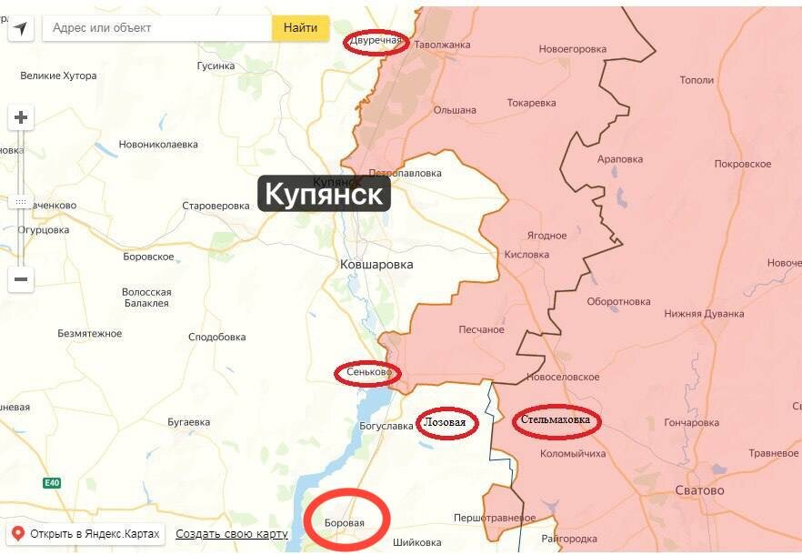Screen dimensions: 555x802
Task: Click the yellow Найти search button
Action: pyautogui.click(x=300, y=28)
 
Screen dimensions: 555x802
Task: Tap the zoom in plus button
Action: pyautogui.click(x=21, y=117)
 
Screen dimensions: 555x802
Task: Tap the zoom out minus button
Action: pyautogui.click(x=21, y=279)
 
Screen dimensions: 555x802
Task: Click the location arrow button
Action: pyautogui.click(x=21, y=28)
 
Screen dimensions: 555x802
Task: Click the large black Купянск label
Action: pyautogui.click(x=325, y=194)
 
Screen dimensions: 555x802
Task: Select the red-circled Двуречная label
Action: pyautogui.click(x=376, y=42)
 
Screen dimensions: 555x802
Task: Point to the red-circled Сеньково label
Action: pyautogui.click(x=368, y=372)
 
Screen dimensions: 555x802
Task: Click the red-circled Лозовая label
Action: pyautogui.click(x=446, y=423)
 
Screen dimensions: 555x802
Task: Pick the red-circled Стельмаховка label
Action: pyautogui.click(x=556, y=421)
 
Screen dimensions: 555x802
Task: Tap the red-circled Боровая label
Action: pyautogui.click(x=346, y=522)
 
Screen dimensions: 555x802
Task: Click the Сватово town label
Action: pyautogui.click(x=699, y=490)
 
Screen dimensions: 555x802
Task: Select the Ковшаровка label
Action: pyautogui.click(x=376, y=265)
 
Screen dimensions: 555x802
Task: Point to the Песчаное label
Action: pyautogui.click(x=481, y=329)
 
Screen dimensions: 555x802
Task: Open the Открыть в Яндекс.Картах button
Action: pyautogui.click(x=85, y=533)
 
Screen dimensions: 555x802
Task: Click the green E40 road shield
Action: pyautogui.click(x=52, y=482)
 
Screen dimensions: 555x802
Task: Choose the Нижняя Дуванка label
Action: pyautogui.click(x=704, y=314)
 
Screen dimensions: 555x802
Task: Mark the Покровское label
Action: pyautogui.click(x=743, y=164)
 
